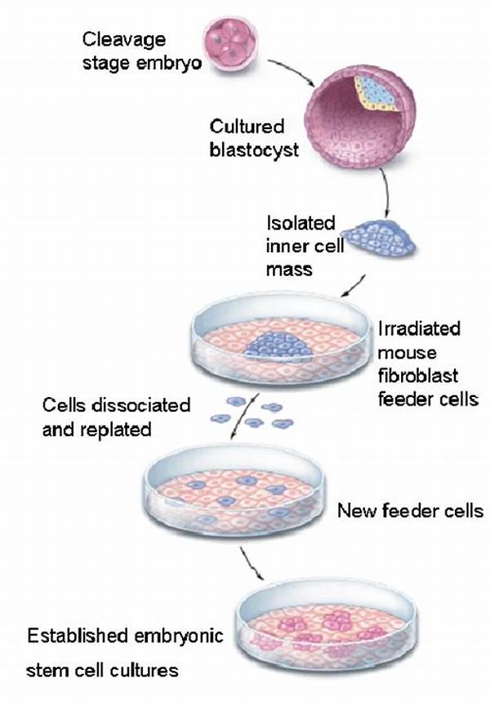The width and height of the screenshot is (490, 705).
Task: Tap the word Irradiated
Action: [418, 328]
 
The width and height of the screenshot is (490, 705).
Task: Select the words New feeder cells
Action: [410, 511]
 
